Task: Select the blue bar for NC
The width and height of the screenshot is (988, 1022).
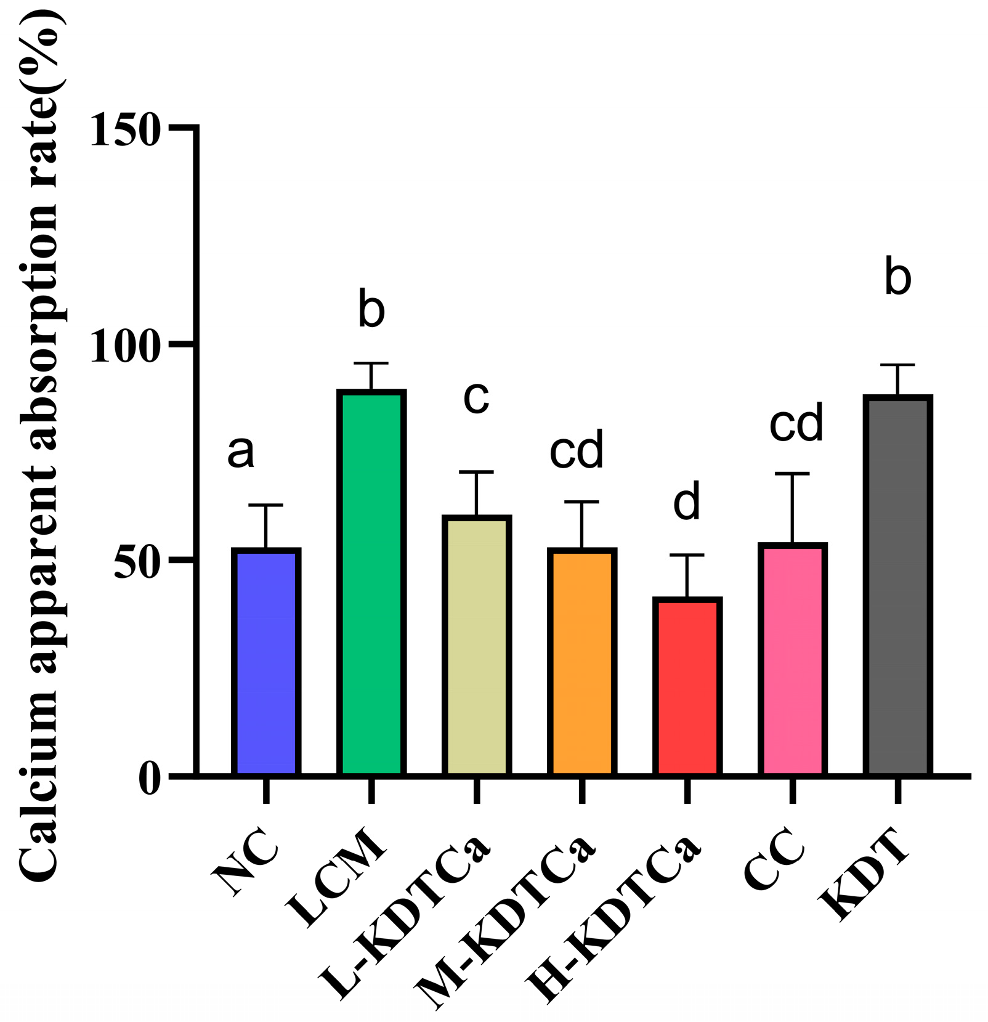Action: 266,662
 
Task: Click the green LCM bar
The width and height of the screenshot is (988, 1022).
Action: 371,583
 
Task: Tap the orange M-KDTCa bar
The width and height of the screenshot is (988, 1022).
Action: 581,662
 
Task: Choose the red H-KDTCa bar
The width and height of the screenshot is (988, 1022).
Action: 687,687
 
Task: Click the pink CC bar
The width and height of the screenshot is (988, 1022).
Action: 792,660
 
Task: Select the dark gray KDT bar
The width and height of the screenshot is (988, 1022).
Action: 897,585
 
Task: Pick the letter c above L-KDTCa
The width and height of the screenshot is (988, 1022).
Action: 476,397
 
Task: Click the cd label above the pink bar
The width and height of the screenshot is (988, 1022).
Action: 796,423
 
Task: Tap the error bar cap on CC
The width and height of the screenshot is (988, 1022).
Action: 792,474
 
